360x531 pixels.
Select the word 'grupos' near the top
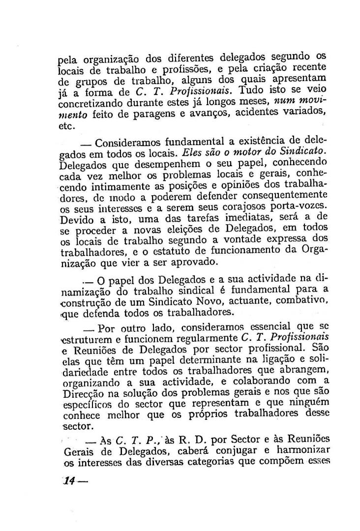[x=84, y=81]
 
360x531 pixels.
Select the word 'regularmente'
[x=200, y=338]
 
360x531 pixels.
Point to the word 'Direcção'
[x=78, y=394]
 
